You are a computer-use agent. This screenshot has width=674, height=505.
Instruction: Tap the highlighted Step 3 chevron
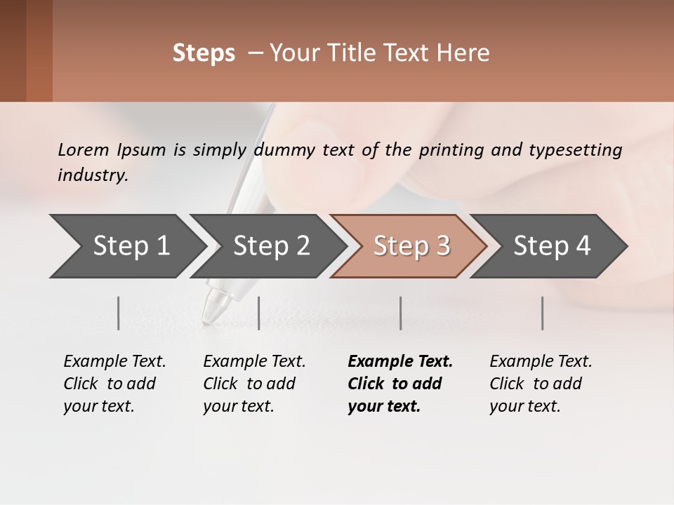pyautogui.click(x=411, y=245)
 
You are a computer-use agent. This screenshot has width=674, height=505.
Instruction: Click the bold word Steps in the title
pyautogui.click(x=204, y=53)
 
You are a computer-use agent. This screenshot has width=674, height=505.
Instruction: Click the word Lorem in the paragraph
pyautogui.click(x=84, y=150)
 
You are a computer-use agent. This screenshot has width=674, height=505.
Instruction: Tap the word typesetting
pyautogui.click(x=575, y=150)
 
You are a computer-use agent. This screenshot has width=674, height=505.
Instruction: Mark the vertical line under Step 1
pyautogui.click(x=119, y=313)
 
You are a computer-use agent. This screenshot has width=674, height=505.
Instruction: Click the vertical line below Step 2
pyautogui.click(x=259, y=313)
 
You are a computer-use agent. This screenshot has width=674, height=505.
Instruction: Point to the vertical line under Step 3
pyautogui.click(x=401, y=313)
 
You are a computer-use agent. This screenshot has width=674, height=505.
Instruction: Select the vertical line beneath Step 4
pyautogui.click(x=543, y=313)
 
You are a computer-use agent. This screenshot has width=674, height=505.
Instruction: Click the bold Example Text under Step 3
pyautogui.click(x=400, y=362)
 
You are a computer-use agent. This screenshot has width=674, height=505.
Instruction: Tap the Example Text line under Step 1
pyautogui.click(x=114, y=362)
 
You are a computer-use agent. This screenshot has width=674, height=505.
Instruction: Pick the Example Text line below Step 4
pyautogui.click(x=541, y=362)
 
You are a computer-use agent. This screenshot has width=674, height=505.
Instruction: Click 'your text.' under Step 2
pyautogui.click(x=239, y=406)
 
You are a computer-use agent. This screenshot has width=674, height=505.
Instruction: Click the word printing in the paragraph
pyautogui.click(x=446, y=150)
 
